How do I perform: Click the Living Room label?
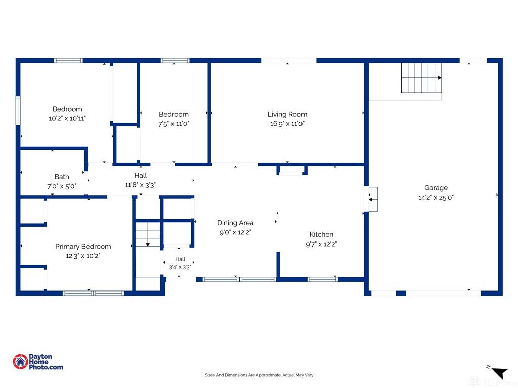pos(287,114)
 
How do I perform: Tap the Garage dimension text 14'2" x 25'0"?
pos(436,198)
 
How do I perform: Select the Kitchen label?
pos(321,234)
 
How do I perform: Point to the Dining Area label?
pos(235,223)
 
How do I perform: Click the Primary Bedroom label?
pos(83,247)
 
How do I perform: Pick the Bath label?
pos(62,177)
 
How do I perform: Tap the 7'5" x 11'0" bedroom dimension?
pos(174,124)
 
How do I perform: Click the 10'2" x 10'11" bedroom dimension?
pos(67,118)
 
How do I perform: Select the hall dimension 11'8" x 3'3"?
pos(141,185)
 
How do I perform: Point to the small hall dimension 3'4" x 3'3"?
pos(180,267)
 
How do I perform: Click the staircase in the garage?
pos(421,78)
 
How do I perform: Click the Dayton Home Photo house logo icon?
pos(20,362)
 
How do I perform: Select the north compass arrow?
pos(499,373)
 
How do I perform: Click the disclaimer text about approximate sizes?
pos(259,375)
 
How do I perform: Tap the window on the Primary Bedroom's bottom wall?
pos(93,293)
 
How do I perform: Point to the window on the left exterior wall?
pos(18,111)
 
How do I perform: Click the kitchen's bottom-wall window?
pos(322,279)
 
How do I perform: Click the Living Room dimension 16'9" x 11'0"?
pos(287,124)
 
